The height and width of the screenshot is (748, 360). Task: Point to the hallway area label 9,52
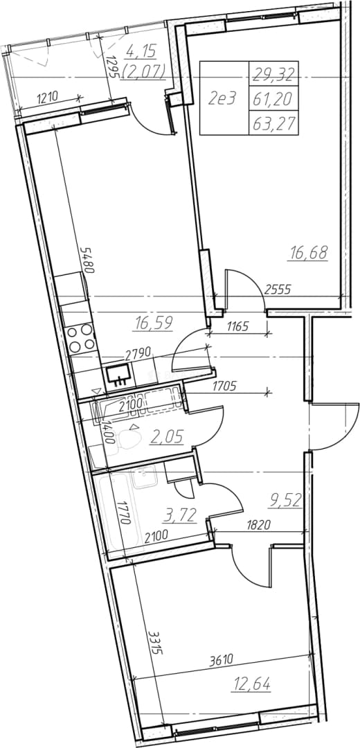coord(285,501)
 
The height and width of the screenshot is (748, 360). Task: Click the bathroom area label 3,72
coord(181,515)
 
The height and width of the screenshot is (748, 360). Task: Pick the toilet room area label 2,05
coord(167,436)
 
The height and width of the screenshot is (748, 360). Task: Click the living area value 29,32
coord(273,74)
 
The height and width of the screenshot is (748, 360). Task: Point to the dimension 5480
coord(87,260)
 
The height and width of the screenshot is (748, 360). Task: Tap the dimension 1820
coord(260,526)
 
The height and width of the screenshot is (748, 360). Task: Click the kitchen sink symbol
coord(119,374)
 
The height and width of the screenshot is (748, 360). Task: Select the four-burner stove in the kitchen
coord(80,337)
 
